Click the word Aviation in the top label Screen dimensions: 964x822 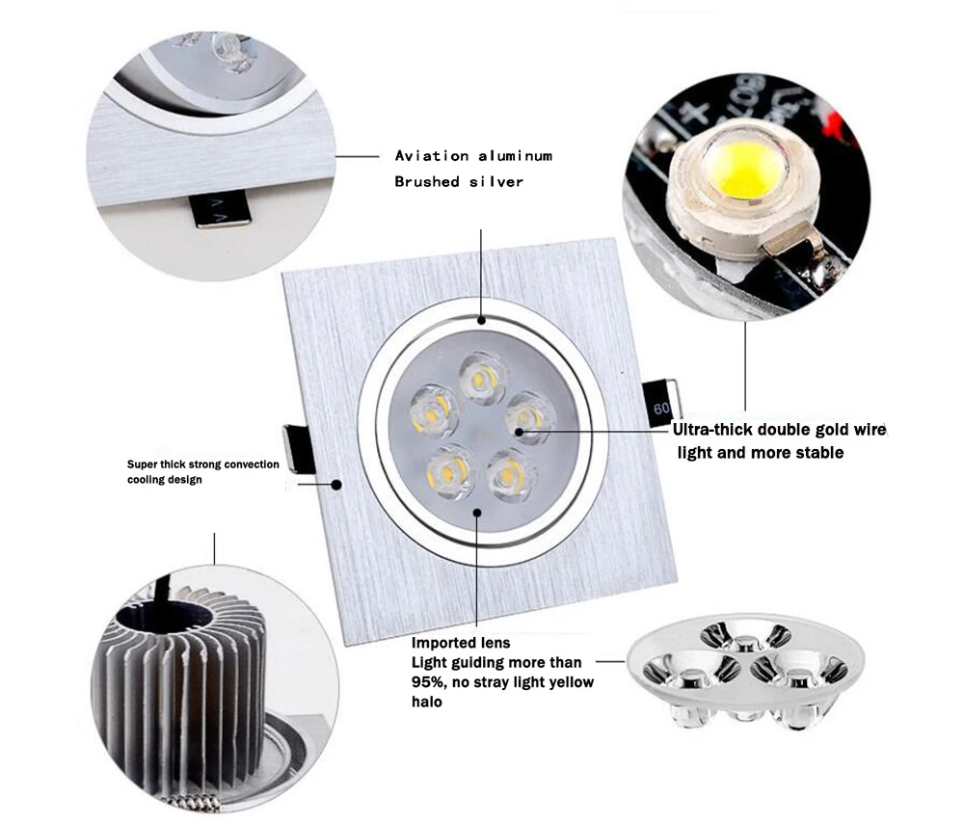tap(432, 156)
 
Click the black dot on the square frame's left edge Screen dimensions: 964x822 tap(336, 485)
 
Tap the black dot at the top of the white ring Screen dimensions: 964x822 tap(481, 320)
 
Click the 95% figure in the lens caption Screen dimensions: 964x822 tap(428, 682)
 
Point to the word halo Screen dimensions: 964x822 tap(427, 702)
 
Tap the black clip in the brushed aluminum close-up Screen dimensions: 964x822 tap(223, 210)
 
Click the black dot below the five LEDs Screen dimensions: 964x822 tap(477, 512)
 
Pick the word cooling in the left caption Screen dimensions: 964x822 tap(143, 480)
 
